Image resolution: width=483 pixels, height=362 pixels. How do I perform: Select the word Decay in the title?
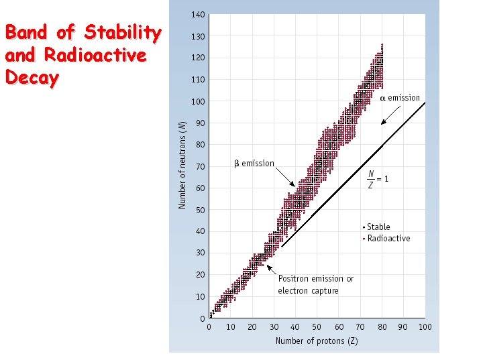[x=32, y=78]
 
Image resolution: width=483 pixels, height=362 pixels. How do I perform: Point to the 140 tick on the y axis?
[x=199, y=15]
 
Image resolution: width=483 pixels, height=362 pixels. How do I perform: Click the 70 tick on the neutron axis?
[x=200, y=166]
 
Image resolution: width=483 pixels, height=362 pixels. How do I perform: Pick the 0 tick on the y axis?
[x=203, y=318]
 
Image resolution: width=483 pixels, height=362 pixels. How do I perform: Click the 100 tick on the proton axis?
[x=425, y=327]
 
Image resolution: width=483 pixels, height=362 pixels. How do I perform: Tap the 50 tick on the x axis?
[x=317, y=327]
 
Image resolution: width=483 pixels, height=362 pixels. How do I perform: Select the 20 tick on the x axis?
[x=252, y=327]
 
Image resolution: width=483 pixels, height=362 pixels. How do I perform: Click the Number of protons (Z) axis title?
[x=317, y=341]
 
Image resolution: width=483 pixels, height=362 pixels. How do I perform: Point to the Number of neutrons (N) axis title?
[x=182, y=164]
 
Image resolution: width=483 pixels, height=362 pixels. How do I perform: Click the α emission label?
[x=400, y=98]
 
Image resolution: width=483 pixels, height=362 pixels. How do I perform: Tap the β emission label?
[x=254, y=164]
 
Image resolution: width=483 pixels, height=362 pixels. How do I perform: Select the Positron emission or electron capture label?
[x=315, y=285]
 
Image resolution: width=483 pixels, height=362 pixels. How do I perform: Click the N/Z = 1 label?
[x=376, y=179]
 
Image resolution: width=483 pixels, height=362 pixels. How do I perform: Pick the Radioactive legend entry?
[x=386, y=239]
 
